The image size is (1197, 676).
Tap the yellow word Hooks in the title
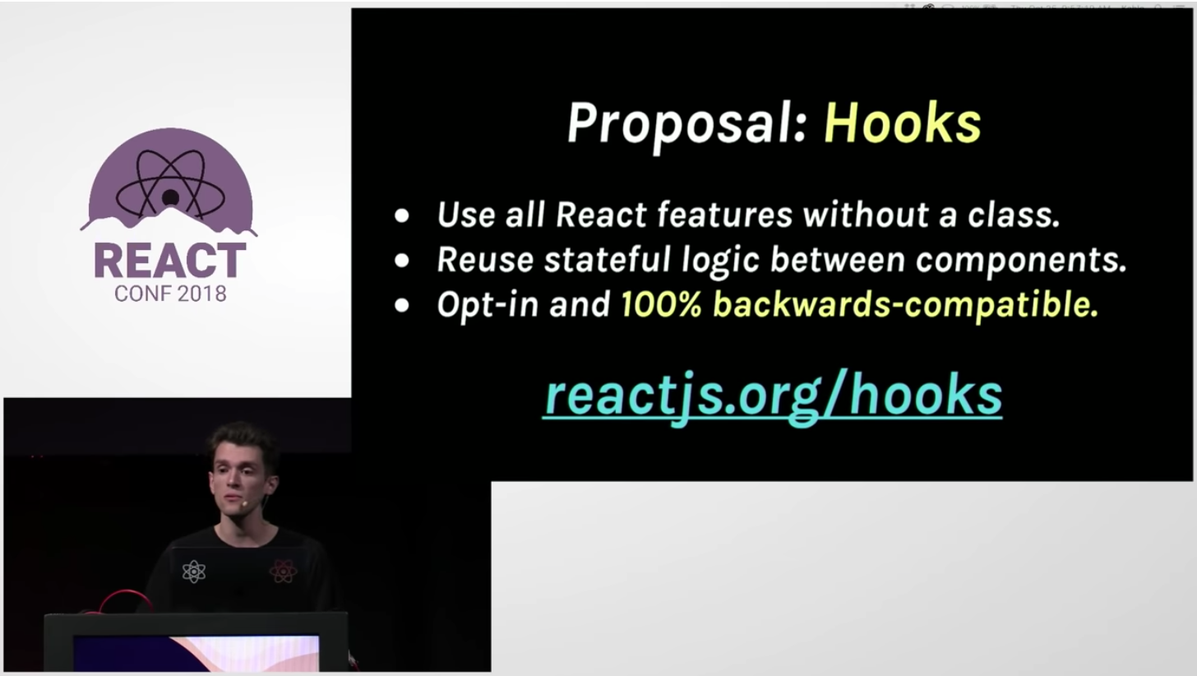pyautogui.click(x=902, y=124)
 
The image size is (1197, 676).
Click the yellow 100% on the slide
pyautogui.click(x=660, y=305)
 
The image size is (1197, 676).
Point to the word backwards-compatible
pyautogui.click(x=904, y=305)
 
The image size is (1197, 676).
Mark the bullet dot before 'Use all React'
pyautogui.click(x=401, y=216)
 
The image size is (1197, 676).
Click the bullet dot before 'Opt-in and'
pyautogui.click(x=401, y=305)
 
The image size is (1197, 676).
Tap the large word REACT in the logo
pyautogui.click(x=169, y=261)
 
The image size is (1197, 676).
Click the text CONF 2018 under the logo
pyautogui.click(x=170, y=294)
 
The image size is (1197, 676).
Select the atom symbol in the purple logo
pyautogui.click(x=169, y=190)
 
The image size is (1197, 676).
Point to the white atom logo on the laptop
pyautogui.click(x=193, y=571)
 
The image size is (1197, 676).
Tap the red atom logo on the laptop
pyautogui.click(x=282, y=571)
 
